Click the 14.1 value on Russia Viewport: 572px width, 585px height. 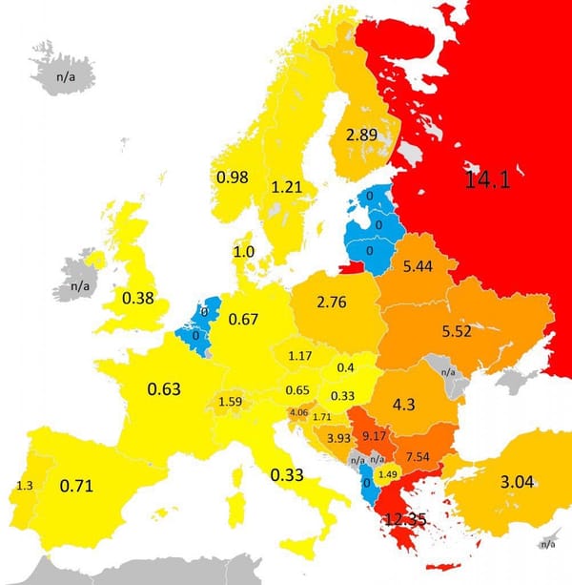[x=486, y=179]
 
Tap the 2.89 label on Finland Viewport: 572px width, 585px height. [x=362, y=135]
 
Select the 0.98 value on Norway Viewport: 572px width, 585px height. [x=233, y=178]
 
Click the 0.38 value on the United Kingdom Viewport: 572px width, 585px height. [x=137, y=298]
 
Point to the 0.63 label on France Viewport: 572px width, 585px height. [x=164, y=388]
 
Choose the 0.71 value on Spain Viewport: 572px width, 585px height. [x=76, y=487]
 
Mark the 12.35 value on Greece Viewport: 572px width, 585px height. [x=407, y=520]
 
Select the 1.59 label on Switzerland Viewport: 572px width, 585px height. [x=230, y=401]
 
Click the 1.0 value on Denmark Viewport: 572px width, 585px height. [x=244, y=251]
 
